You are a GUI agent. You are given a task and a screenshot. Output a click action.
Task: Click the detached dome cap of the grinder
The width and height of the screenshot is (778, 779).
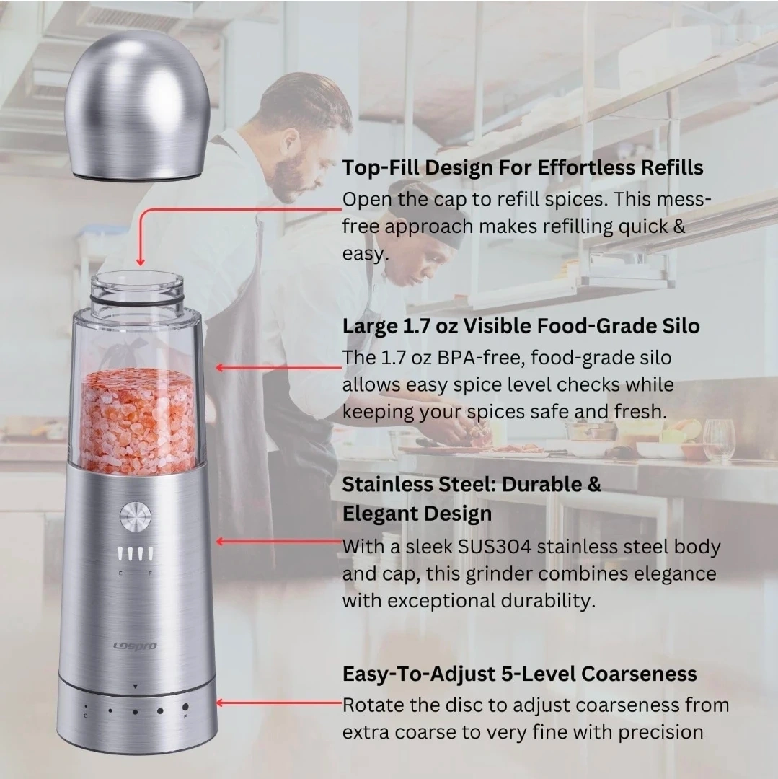[x=138, y=105]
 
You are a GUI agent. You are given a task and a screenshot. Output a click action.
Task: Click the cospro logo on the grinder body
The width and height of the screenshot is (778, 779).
[x=135, y=646]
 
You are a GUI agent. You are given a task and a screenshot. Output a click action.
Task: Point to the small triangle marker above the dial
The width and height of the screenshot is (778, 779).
[x=135, y=687]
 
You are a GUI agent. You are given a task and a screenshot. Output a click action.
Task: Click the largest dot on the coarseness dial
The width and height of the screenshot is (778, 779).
[x=185, y=706]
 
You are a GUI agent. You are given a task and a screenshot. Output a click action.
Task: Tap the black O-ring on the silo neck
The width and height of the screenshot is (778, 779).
[x=137, y=300]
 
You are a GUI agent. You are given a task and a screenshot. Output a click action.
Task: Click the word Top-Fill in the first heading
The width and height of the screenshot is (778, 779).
[x=381, y=167]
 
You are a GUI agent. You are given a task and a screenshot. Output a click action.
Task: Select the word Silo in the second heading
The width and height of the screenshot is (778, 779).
[x=681, y=326]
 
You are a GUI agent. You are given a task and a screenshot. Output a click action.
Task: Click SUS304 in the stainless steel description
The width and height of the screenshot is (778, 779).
[x=494, y=547]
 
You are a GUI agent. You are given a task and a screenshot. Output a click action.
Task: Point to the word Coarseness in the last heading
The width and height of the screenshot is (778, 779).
[x=639, y=674]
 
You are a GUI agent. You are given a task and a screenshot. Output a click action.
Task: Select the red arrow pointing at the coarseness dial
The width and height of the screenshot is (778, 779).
[x=279, y=703]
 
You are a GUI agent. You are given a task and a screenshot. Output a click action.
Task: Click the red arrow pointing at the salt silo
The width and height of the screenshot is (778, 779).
[x=279, y=368]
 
